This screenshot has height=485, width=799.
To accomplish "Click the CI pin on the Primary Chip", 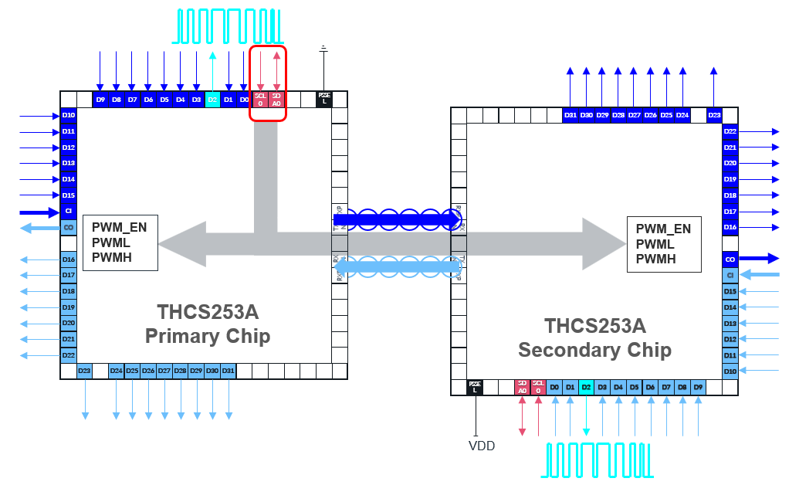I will [69, 212].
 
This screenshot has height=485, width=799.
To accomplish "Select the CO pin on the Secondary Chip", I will [730, 259].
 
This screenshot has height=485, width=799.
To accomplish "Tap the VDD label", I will [482, 446].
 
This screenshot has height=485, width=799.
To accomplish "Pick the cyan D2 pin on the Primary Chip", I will [212, 99].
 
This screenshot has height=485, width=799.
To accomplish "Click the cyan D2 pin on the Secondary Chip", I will [586, 387].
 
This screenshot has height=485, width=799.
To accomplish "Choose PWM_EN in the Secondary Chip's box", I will [663, 229].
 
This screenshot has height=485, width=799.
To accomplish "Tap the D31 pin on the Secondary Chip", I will [570, 115].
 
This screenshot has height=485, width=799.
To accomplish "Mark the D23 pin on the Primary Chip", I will [85, 371].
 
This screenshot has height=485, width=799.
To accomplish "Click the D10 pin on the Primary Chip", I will [69, 115].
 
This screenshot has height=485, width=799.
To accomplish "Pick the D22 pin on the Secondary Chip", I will [730, 131].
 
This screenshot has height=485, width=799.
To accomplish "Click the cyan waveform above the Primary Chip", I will [228, 26].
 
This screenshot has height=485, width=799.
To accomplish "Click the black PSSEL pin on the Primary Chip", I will [324, 99].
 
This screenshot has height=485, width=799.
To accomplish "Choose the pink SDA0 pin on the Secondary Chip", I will [523, 387].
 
